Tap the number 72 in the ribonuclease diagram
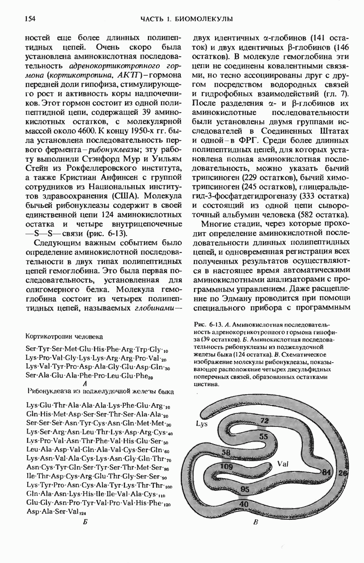(x=264, y=420)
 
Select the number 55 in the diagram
(x=263, y=436)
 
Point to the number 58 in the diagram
(x=226, y=453)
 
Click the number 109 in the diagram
(x=226, y=466)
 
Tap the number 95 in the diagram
(x=245, y=489)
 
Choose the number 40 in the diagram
(x=244, y=504)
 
